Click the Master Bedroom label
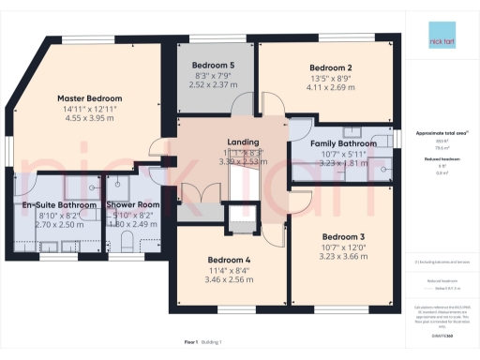(91, 97)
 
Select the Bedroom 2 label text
(330, 68)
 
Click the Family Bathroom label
(343, 143)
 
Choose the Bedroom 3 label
(342, 236)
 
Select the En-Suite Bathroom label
(59, 204)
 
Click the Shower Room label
(130, 204)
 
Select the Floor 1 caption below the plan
(193, 343)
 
